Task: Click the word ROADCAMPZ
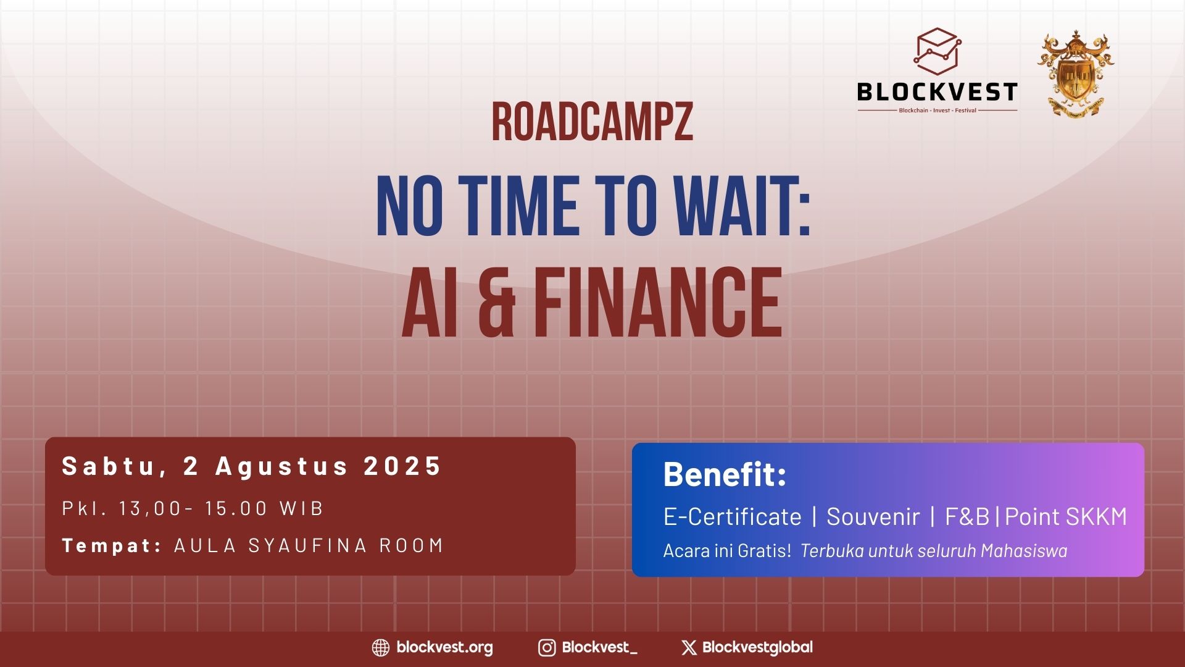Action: pos(592,122)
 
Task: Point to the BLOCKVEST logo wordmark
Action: pos(937,93)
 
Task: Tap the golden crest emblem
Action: pos(1076,72)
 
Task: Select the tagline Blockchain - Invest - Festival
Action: pos(938,111)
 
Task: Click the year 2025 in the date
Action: pos(402,466)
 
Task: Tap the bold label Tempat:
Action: pos(112,545)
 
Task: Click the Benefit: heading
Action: pos(725,474)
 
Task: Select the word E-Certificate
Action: pos(733,516)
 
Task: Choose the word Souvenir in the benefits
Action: pos(873,516)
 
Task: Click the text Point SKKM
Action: pos(1066,516)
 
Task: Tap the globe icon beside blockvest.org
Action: pos(381,647)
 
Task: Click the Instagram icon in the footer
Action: pos(547,647)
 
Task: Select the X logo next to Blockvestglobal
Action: pos(689,647)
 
